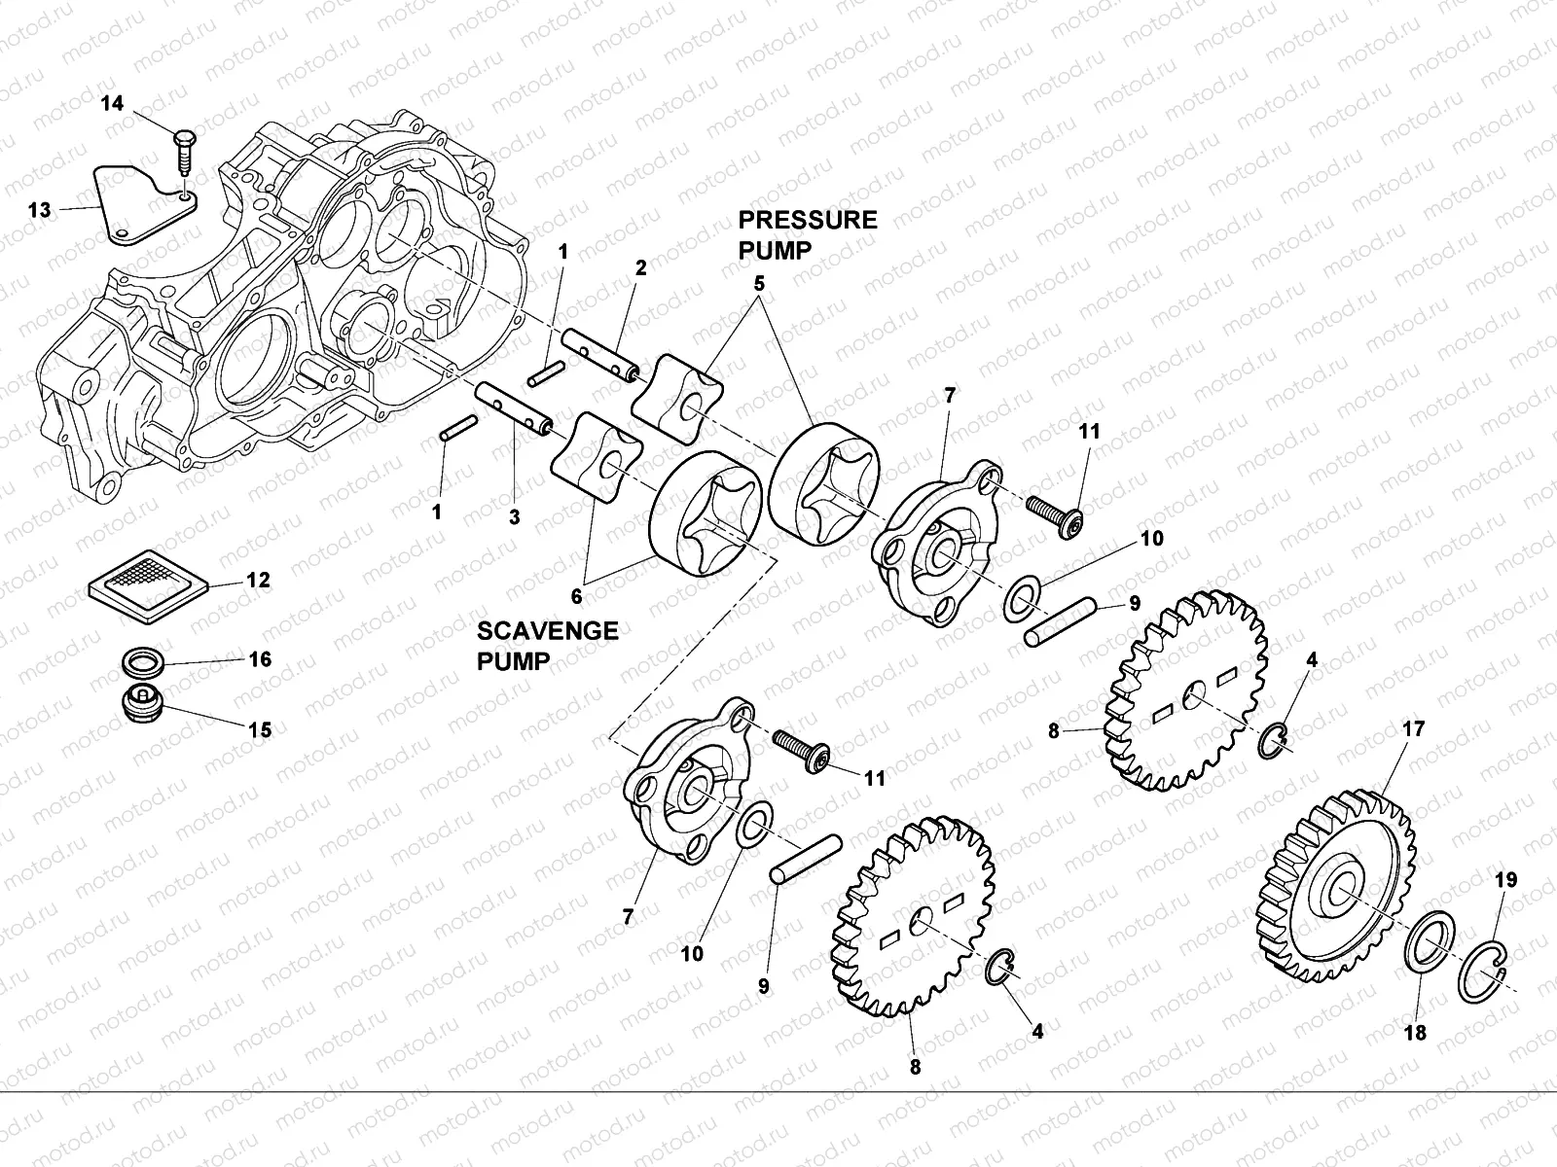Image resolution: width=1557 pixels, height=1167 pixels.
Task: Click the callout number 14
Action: [113, 103]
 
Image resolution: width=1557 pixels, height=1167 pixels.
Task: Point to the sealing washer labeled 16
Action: [145, 666]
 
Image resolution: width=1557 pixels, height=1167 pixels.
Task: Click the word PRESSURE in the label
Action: [807, 220]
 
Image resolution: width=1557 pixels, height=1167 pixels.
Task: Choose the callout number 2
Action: [640, 267]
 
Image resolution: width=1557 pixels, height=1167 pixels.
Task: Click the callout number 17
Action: [1413, 728]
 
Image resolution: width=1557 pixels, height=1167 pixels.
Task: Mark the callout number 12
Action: [258, 581]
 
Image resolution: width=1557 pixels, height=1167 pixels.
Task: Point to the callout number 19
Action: [1505, 880]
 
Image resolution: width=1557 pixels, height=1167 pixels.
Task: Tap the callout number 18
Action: [1416, 1033]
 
